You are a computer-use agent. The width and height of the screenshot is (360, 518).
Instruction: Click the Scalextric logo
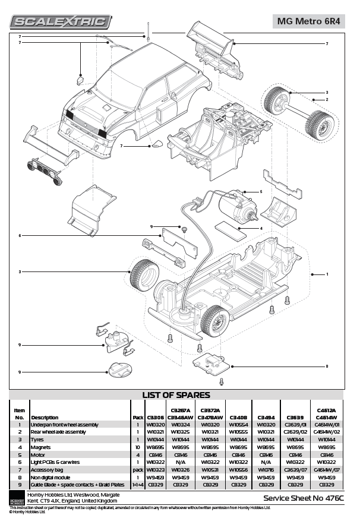[61, 22]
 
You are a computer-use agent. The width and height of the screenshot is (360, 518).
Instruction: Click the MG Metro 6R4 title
[308, 21]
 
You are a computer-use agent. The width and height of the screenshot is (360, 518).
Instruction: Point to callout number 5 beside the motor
[260, 191]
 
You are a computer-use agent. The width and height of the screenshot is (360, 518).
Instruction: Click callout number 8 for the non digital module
[326, 365]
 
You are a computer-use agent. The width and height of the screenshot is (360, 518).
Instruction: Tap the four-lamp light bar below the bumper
[43, 171]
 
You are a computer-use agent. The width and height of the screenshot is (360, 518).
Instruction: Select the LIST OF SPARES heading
[176, 395]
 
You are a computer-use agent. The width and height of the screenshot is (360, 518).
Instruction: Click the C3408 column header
[238, 418]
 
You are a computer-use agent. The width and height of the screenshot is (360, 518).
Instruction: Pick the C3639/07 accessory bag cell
[295, 469]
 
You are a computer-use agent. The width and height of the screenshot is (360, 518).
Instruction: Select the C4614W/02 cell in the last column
[326, 432]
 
